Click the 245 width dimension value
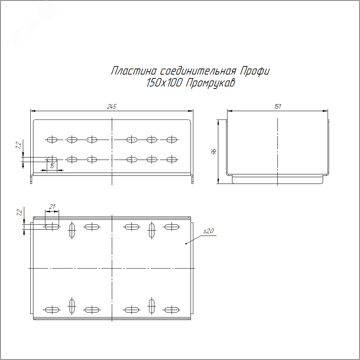(112, 107)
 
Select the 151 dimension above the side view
(277, 107)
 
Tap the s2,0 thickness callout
(209, 231)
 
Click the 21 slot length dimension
(52, 207)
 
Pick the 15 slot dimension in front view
(53, 166)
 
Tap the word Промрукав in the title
(210, 83)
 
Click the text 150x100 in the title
(164, 83)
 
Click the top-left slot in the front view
(53, 139)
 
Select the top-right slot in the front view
(172, 139)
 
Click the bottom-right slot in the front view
(172, 159)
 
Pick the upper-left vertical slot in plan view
(72, 230)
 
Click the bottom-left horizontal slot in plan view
(52, 309)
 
